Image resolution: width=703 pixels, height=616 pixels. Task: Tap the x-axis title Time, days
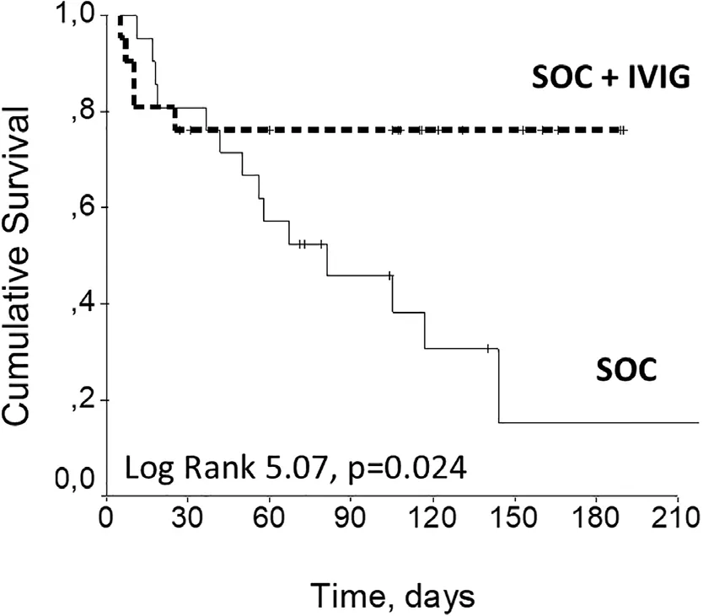point(394,596)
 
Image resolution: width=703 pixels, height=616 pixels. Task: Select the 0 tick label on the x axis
point(106,514)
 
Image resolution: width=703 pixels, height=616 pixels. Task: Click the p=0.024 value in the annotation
point(404,465)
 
